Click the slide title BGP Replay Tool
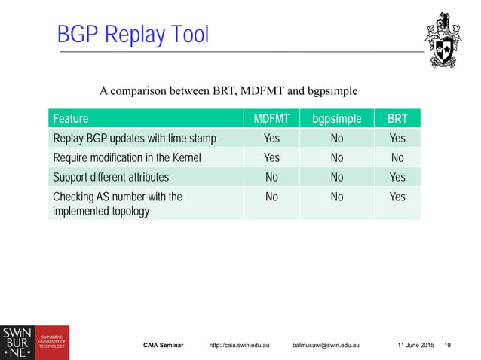coord(133,35)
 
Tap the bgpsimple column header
coord(336,119)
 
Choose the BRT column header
coord(397,119)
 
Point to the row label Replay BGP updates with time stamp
coord(134,139)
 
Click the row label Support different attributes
coord(111,178)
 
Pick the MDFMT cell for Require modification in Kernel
coord(271,158)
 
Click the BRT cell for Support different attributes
coord(397,178)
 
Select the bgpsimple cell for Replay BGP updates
coord(336,139)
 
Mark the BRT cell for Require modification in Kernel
coord(397,158)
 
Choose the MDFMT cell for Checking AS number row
coord(271,197)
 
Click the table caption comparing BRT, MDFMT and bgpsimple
coord(228,92)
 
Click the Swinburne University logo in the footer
coord(35,343)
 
